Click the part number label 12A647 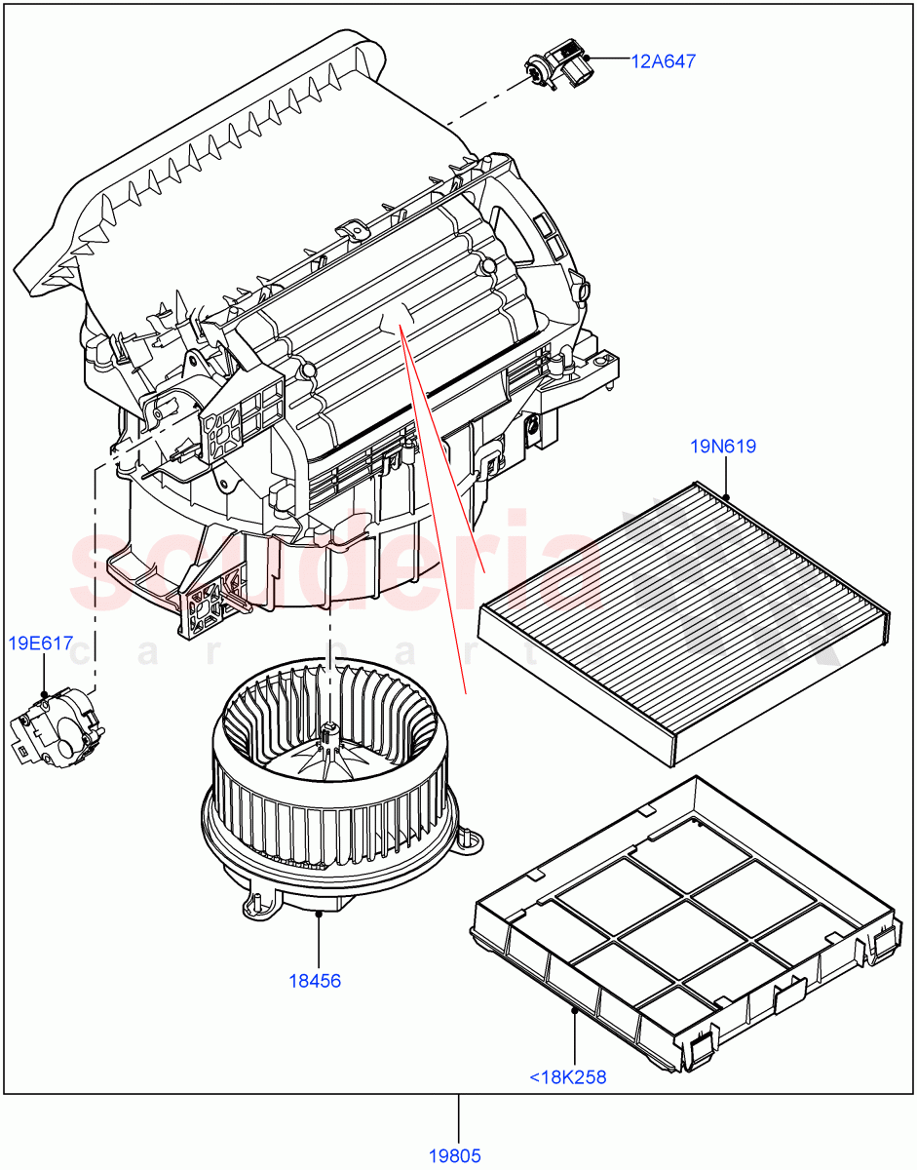click(x=663, y=61)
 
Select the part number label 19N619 click(x=723, y=447)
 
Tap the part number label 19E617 click(x=41, y=643)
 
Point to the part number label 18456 click(x=315, y=981)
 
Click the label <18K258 click(x=567, y=1077)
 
